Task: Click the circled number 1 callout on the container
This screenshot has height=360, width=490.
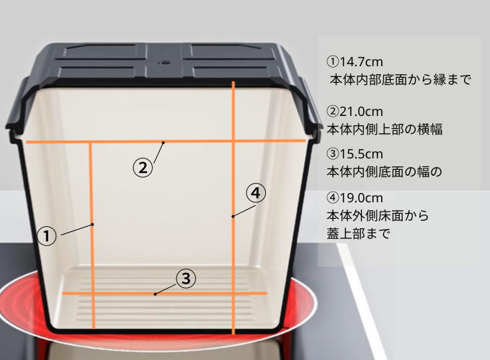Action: click(x=47, y=235)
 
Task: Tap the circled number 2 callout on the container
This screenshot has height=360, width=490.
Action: click(x=143, y=168)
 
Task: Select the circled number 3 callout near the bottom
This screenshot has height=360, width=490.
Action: click(x=186, y=278)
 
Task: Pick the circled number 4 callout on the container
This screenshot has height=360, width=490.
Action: click(x=256, y=193)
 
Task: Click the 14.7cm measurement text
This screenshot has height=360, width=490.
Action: click(x=355, y=62)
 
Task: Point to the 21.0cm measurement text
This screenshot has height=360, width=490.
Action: click(x=355, y=112)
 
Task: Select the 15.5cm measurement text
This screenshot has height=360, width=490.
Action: click(x=355, y=154)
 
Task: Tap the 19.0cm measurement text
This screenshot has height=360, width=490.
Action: click(x=355, y=198)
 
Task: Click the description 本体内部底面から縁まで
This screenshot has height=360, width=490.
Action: click(x=401, y=80)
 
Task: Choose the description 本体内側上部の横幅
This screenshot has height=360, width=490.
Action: click(x=385, y=129)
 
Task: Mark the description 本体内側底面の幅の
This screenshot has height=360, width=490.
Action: click(x=384, y=171)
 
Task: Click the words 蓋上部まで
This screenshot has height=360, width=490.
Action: click(x=358, y=233)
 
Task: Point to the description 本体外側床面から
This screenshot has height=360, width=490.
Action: click(x=378, y=215)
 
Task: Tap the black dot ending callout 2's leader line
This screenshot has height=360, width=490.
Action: click(x=163, y=143)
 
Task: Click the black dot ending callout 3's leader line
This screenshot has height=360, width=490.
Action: click(x=156, y=294)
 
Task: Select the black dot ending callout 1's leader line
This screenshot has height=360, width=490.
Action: click(x=92, y=224)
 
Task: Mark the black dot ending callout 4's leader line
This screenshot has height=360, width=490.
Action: click(x=233, y=216)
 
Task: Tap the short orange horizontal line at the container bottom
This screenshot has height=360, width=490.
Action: click(x=165, y=294)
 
